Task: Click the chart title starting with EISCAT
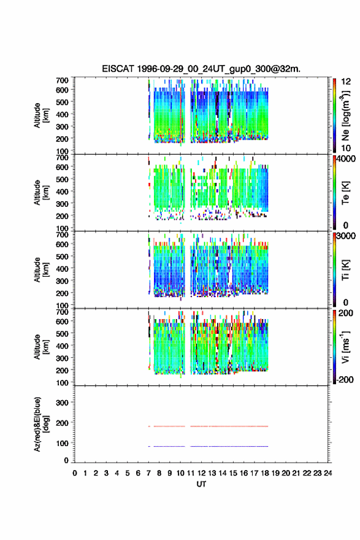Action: click(201, 69)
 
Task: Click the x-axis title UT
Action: click(201, 484)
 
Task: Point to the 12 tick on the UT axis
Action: click(201, 473)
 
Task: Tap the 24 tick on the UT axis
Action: click(327, 473)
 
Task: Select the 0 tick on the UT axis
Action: click(75, 473)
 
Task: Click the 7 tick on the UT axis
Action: click(148, 473)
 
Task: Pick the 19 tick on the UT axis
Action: click(275, 473)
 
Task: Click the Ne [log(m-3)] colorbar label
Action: click(345, 116)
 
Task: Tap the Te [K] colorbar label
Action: click(345, 193)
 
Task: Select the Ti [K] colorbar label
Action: click(345, 270)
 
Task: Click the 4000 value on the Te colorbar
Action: click(346, 159)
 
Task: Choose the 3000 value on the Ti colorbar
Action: click(346, 236)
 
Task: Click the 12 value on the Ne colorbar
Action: click(346, 82)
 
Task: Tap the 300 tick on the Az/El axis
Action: click(62, 403)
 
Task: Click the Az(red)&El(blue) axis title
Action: click(40, 424)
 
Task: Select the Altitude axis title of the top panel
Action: click(40, 115)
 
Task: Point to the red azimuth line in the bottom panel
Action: click(209, 426)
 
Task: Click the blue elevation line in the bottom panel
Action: click(209, 446)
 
